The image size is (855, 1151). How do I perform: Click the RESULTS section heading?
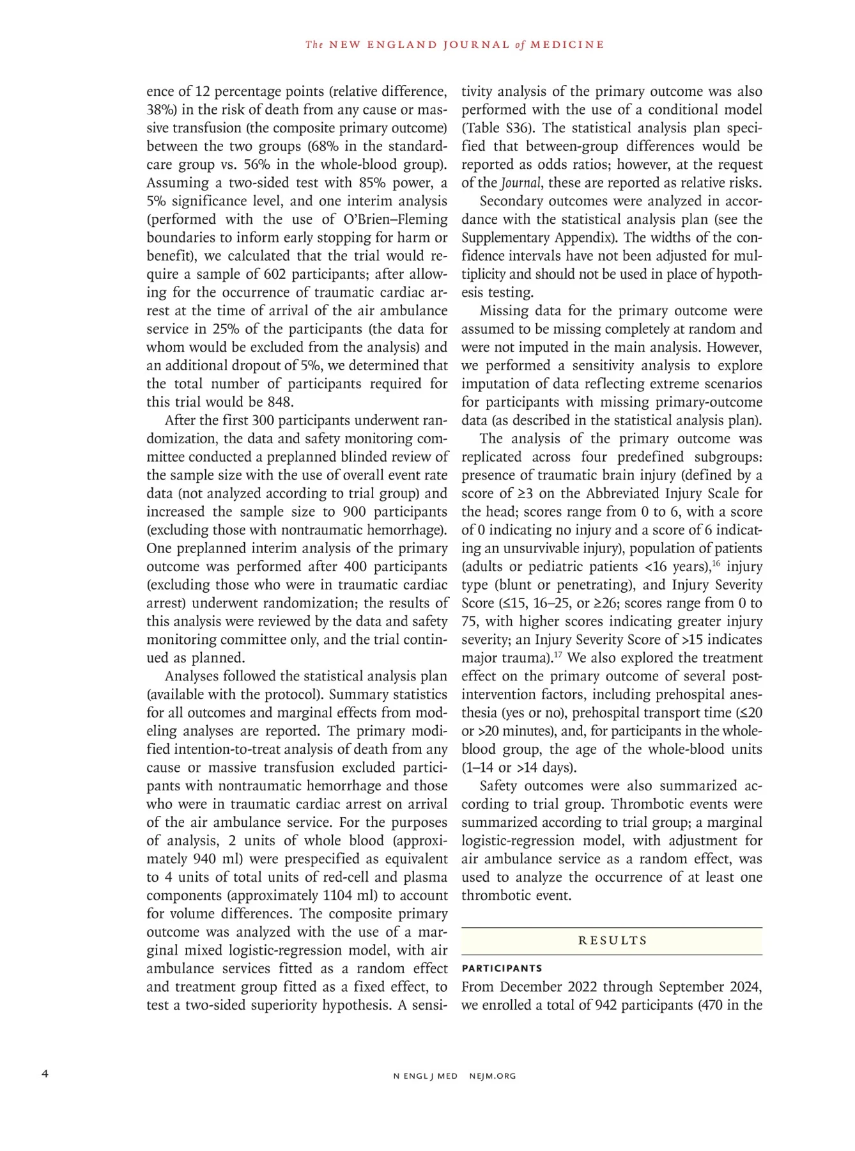point(612,941)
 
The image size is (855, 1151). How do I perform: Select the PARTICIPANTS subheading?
point(502,968)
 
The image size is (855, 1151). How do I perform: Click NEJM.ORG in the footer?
point(492,1076)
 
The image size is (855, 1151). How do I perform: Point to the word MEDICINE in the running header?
point(567,45)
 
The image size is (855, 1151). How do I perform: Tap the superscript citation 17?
point(557,655)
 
